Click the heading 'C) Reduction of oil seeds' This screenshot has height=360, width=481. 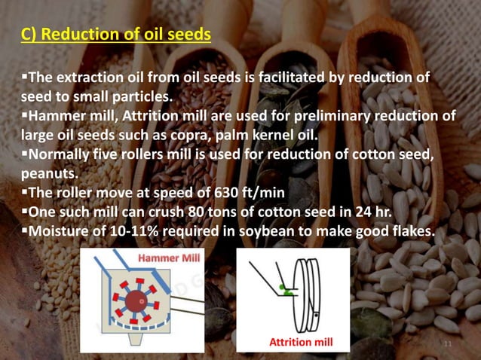coord(115,35)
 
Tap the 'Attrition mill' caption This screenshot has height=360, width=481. coord(300,343)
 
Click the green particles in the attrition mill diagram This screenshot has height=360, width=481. coord(283,287)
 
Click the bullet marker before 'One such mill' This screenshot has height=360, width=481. coord(24,212)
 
